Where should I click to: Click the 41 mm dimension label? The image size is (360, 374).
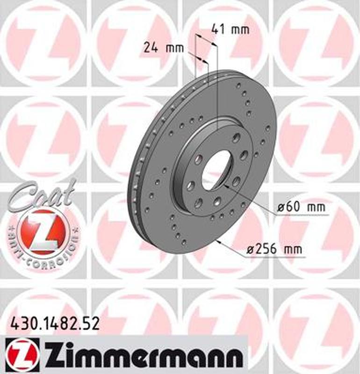click(x=230, y=29)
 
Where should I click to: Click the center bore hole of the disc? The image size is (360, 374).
click(x=216, y=168)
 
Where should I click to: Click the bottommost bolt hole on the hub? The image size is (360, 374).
click(x=198, y=202)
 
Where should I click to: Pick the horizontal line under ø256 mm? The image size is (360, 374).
click(x=276, y=257)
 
